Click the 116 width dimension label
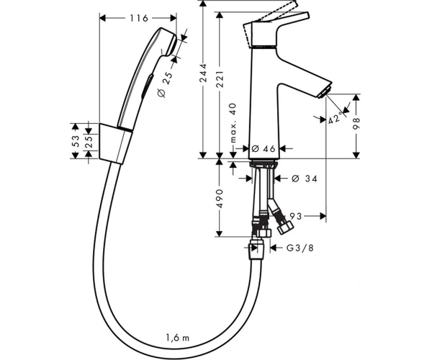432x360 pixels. coord(139,18)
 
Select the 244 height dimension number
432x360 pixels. coord(203,73)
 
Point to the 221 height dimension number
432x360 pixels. coord(220,79)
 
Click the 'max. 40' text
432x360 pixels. coord(233,123)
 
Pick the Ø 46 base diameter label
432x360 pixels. coord(264,149)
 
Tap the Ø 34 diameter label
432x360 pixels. coord(305,179)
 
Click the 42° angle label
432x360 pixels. coord(336,119)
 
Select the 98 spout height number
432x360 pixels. coord(356,124)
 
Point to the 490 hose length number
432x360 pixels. coord(220,198)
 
